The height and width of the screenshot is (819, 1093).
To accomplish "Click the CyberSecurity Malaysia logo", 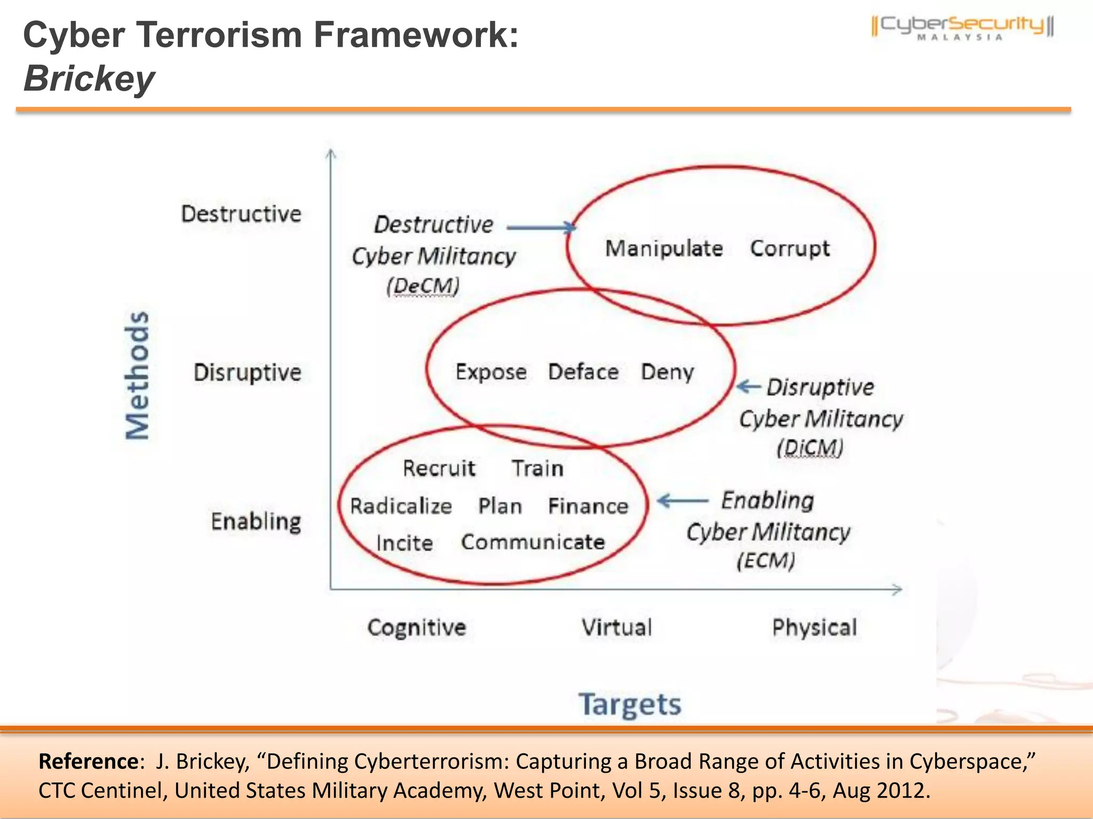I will click(962, 28).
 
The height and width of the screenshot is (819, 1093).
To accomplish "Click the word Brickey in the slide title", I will click(89, 79).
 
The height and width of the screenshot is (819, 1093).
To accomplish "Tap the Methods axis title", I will click(137, 375).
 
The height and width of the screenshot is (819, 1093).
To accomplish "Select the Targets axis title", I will click(630, 704).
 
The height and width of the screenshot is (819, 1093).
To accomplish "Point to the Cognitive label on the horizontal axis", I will click(416, 628).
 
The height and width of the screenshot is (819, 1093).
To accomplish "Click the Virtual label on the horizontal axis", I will click(616, 628).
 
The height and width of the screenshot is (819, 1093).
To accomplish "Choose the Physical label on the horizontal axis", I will click(814, 628).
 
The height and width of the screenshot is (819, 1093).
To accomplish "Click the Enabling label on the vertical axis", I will click(256, 521).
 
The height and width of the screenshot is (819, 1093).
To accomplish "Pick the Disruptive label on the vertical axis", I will click(247, 372).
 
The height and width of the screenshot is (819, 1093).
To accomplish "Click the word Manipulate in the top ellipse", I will click(664, 248).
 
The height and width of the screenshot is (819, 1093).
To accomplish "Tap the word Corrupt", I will click(790, 248).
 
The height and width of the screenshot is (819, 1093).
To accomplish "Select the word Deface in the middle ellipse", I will click(583, 372).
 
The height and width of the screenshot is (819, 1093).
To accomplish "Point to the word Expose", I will click(491, 372).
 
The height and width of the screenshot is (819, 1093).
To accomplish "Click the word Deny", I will click(667, 372).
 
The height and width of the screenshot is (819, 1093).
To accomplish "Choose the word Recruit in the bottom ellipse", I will click(439, 468).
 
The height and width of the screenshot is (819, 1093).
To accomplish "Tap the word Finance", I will click(588, 506).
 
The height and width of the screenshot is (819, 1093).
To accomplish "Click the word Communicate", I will click(533, 542).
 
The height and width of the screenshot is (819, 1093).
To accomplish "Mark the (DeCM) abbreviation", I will click(423, 286).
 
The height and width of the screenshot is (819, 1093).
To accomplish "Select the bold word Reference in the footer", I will click(89, 761).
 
